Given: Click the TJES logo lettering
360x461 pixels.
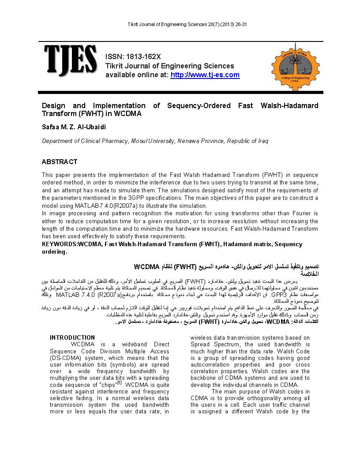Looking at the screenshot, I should click(70, 60).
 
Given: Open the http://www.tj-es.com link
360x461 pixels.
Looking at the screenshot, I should click(205, 75).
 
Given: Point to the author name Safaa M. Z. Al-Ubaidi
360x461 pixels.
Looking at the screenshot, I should click(74, 127).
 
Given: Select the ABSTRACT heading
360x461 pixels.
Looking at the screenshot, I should click(59, 162).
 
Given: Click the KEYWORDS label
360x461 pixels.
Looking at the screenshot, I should click(59, 244).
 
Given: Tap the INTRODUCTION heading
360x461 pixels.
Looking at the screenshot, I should click(72, 337).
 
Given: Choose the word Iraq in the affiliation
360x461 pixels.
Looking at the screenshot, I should click(262, 141).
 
